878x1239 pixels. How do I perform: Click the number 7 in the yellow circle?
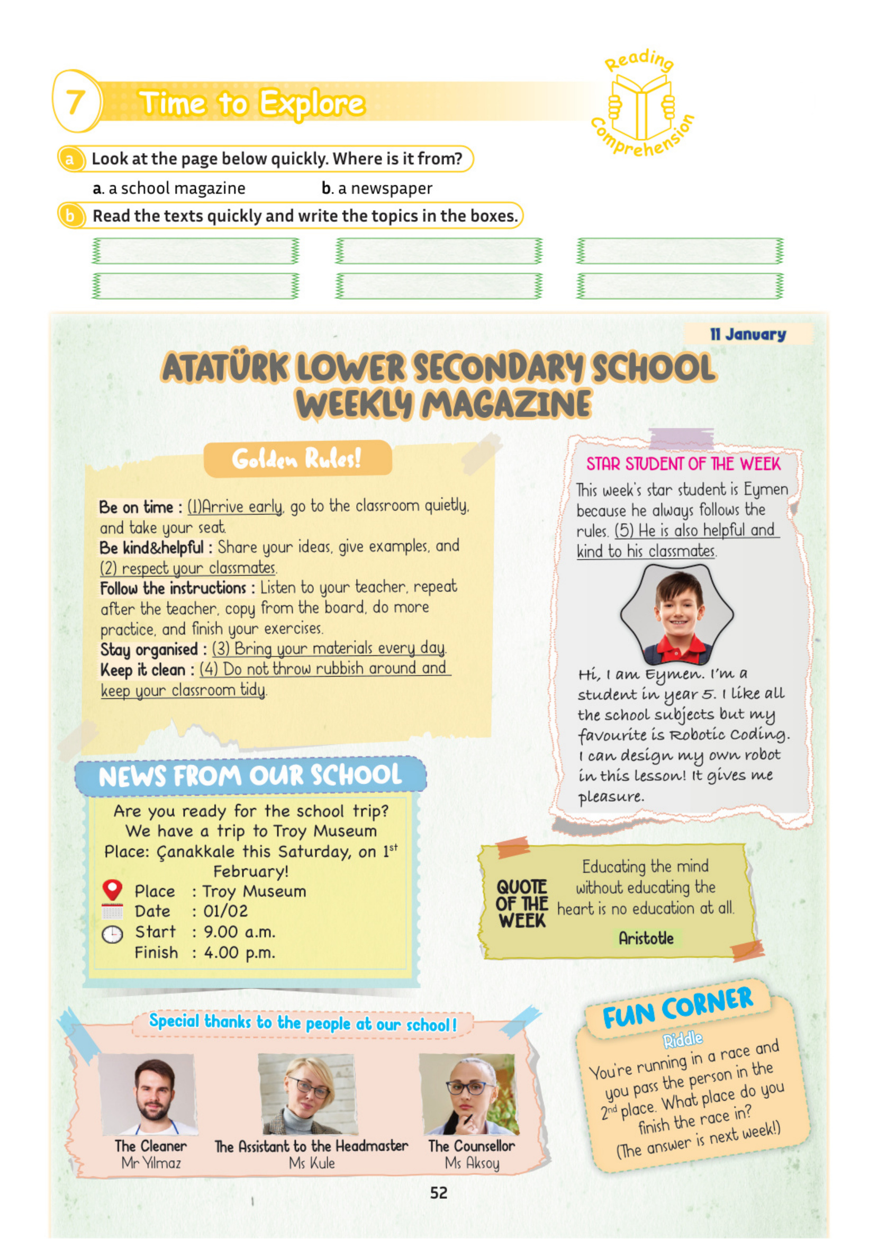[76, 102]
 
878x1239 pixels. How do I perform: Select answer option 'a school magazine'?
[169, 188]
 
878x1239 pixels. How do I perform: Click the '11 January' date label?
[748, 334]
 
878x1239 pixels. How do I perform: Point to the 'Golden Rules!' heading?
[297, 459]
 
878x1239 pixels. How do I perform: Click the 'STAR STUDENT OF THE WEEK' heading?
[683, 464]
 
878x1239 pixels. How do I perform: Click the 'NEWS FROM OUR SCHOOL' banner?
[250, 776]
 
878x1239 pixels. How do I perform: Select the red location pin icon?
[112, 889]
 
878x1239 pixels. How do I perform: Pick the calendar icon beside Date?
[112, 912]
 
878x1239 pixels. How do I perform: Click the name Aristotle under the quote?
[646, 938]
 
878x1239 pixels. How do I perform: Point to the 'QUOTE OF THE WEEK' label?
[522, 904]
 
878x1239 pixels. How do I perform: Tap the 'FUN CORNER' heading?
[677, 1007]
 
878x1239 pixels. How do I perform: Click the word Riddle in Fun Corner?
[683, 1039]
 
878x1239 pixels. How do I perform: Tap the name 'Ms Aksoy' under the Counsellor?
[472, 1163]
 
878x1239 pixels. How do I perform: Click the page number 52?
[438, 1193]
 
